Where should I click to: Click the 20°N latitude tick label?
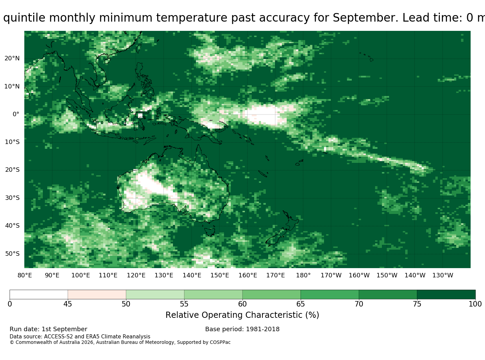pos(12,59)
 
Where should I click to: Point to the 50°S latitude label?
pos(12,254)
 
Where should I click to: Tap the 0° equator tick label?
pos(16,114)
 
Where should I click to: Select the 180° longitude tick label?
pos(303,275)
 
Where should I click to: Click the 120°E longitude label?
pos(136,275)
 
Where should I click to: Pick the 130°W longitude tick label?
pos(443,275)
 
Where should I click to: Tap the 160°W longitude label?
pos(359,275)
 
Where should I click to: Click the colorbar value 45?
pos(68,304)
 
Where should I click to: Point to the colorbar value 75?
pos(417,304)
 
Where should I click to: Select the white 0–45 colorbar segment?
pos(39,295)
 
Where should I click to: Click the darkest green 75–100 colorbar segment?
pos(446,295)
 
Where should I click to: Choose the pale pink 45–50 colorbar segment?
pos(97,295)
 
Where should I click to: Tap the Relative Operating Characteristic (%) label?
pos(242,315)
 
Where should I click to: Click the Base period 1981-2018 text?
pos(242,329)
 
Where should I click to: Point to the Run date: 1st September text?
pos(48,329)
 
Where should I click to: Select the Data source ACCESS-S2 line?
pos(80,337)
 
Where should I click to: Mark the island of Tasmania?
pos(210,232)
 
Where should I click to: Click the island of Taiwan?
pos(139,48)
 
